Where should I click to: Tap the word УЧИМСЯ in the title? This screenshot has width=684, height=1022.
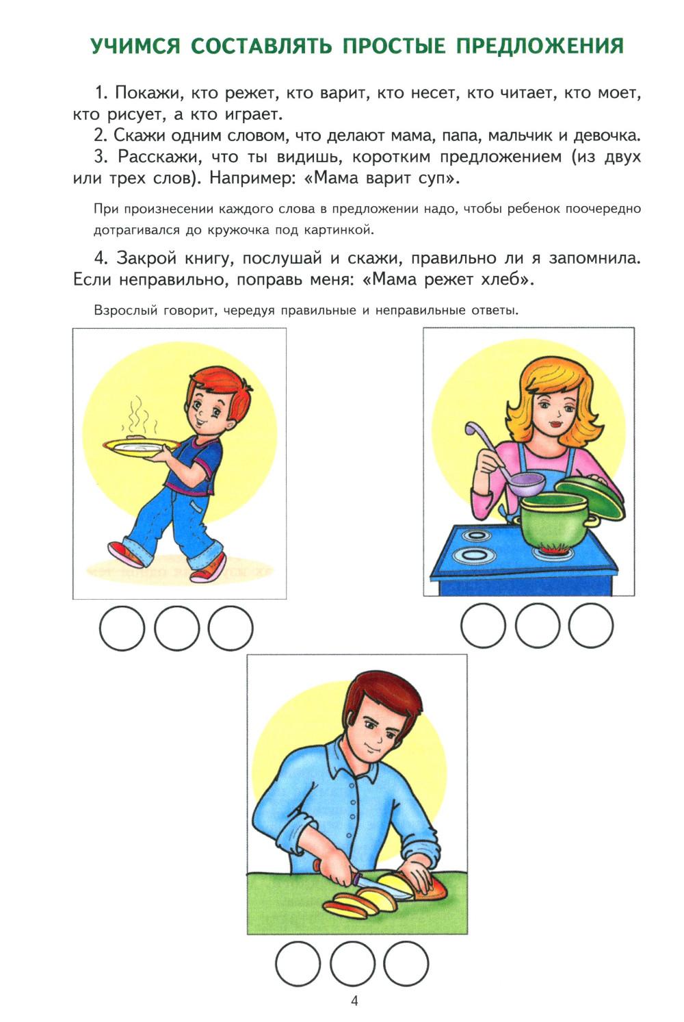(x=135, y=47)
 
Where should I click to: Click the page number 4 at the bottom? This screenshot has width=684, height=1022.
(x=354, y=1001)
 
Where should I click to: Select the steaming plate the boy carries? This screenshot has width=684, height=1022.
(x=142, y=446)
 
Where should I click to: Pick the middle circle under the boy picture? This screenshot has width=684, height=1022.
(x=176, y=628)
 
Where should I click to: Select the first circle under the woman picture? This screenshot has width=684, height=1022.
(x=483, y=625)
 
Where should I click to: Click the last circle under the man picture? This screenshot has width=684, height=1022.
(x=406, y=964)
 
